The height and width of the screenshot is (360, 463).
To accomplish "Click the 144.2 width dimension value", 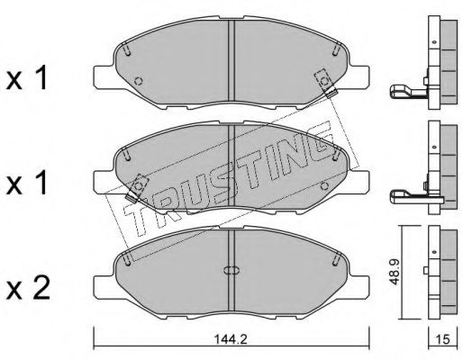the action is pyautogui.click(x=231, y=339).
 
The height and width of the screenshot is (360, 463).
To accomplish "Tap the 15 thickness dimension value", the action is pyautogui.click(x=442, y=339).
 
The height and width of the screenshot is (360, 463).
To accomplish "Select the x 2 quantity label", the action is pyautogui.click(x=28, y=288).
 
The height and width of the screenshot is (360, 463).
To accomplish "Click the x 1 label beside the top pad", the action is pyautogui.click(x=27, y=78).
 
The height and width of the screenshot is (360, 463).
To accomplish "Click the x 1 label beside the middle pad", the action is pyautogui.click(x=27, y=183).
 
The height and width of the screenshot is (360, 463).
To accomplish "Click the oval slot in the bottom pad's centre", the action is pyautogui.click(x=231, y=270).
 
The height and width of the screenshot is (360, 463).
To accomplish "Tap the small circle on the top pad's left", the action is pyautogui.click(x=139, y=81).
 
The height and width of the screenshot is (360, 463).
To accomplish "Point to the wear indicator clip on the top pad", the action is pyautogui.click(x=325, y=83).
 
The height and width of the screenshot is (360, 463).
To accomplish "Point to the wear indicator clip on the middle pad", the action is pyautogui.click(x=137, y=187).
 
